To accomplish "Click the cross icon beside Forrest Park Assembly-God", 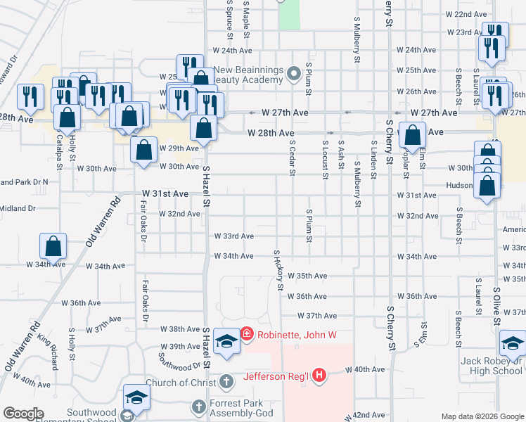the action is click(199, 407).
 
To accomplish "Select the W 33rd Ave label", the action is click(233, 236).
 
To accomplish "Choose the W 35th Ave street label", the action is click(307, 276).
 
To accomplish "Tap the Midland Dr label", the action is click(18, 208).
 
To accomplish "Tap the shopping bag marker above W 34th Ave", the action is click(53, 246).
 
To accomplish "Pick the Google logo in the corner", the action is click(23, 414).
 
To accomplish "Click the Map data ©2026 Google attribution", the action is click(482, 416).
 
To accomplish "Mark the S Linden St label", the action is click(373, 155).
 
